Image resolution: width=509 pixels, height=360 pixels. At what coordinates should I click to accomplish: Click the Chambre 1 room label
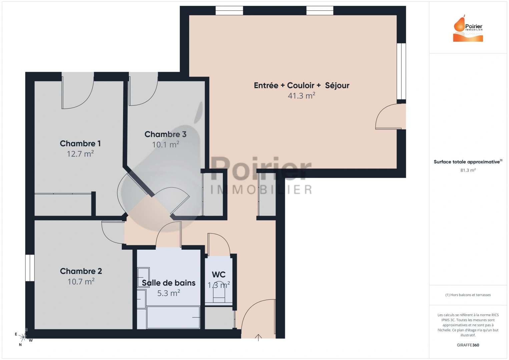(80, 143)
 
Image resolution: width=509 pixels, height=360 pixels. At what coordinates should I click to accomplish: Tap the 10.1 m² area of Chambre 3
(165, 145)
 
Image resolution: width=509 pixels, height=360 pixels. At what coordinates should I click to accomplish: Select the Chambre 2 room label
(81, 271)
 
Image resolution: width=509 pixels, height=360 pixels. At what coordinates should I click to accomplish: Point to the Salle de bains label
(168, 283)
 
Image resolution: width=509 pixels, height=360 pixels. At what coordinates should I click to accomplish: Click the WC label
(218, 275)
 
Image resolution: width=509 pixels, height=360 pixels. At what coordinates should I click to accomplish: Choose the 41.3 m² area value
(301, 96)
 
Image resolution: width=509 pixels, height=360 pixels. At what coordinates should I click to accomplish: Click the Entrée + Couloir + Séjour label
(301, 85)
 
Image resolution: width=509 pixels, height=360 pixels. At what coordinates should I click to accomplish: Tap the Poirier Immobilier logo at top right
(468, 29)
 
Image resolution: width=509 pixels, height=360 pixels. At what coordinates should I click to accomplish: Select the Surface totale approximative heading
(467, 162)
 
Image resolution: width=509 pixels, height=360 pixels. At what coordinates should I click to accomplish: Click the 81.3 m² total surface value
(468, 170)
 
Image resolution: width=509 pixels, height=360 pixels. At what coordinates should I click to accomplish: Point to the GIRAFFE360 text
(468, 345)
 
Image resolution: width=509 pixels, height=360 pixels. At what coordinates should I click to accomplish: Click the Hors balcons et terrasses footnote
(468, 295)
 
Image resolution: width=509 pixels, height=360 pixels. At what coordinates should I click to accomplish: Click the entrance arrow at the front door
(258, 337)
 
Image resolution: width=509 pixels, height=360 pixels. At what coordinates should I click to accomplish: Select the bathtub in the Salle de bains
(173, 317)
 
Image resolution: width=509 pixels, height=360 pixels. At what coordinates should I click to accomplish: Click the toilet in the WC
(219, 293)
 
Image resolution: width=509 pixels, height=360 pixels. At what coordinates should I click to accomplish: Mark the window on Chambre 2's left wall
(30, 268)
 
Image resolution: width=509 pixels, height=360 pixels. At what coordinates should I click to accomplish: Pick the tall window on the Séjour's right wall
(401, 71)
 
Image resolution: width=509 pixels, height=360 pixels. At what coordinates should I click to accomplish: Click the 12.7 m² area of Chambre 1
(80, 154)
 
